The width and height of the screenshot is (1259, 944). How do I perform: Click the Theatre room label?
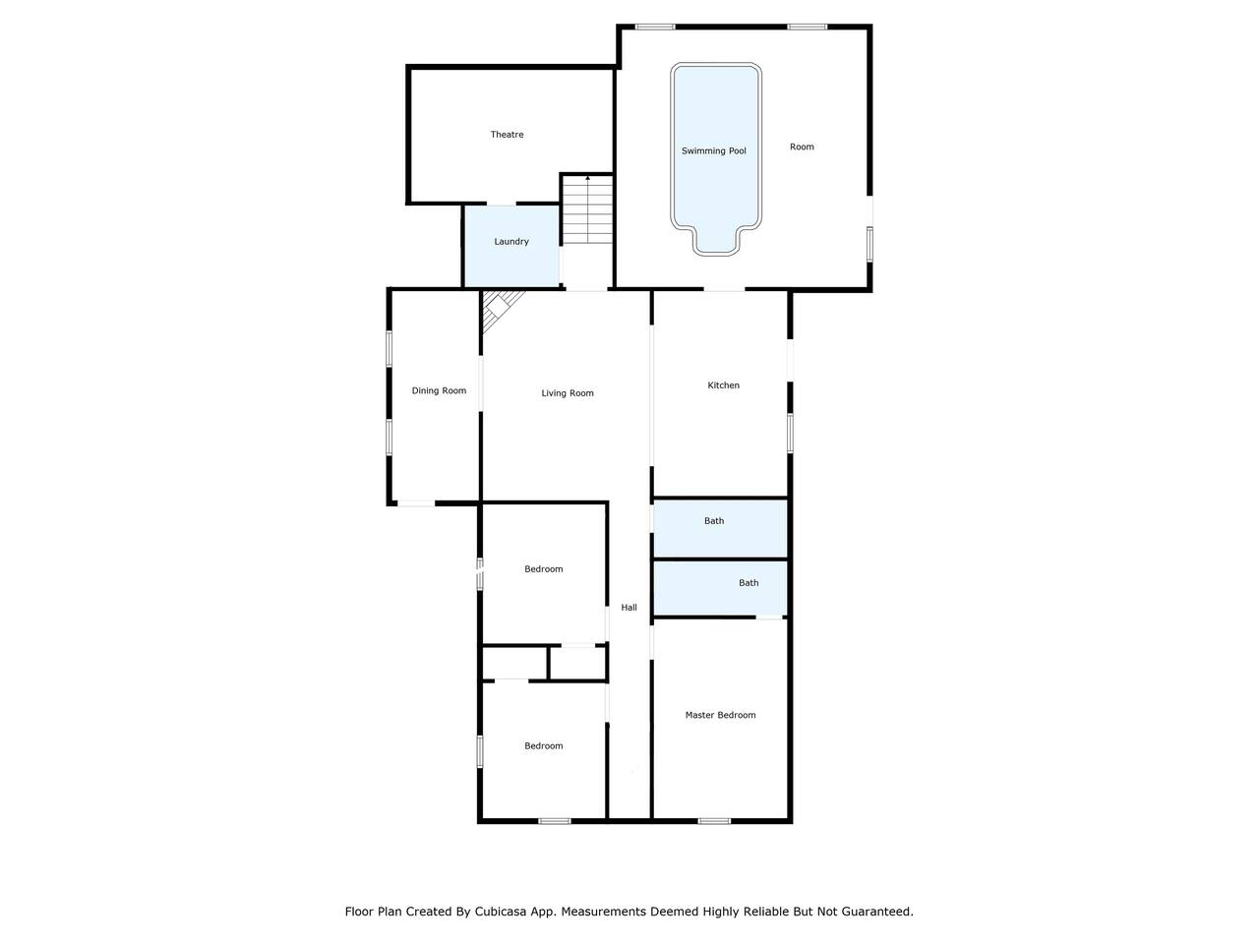pos(507,134)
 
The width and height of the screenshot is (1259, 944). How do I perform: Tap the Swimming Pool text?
pos(713,150)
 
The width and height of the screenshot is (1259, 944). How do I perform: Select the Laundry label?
pos(511,241)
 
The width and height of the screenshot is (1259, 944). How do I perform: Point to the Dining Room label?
pos(439,390)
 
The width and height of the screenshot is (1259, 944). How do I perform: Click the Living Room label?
pos(568,392)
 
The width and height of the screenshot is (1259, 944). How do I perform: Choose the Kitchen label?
pos(723,385)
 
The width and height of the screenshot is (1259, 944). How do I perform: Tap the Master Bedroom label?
pos(720,715)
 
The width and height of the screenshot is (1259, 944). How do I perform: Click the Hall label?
pos(629,607)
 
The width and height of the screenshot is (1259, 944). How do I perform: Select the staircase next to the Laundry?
pos(587,209)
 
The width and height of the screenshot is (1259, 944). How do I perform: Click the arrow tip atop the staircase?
pos(587,177)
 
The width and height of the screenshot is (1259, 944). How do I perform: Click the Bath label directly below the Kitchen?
pos(714,520)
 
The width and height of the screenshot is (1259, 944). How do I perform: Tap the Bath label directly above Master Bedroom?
pos(749,582)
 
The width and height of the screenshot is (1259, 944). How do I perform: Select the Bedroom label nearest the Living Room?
pos(543,568)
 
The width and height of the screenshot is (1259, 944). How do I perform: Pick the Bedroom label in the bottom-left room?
pos(543,745)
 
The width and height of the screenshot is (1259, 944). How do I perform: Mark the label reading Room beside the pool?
pos(802,147)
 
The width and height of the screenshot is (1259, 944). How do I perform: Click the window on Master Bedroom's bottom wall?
pos(714,821)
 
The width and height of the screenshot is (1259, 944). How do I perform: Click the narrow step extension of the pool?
pos(715,241)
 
